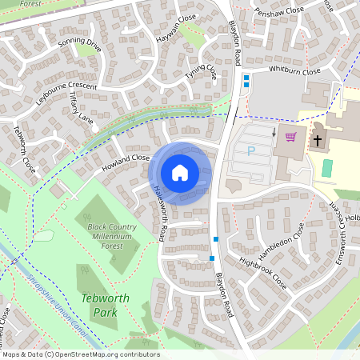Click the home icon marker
[x=180, y=172]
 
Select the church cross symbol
[x=318, y=141]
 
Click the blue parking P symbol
[x=251, y=150]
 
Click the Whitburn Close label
[x=294, y=71]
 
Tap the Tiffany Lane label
[x=82, y=107]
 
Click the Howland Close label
[x=126, y=163]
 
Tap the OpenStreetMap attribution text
[x=80, y=354]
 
